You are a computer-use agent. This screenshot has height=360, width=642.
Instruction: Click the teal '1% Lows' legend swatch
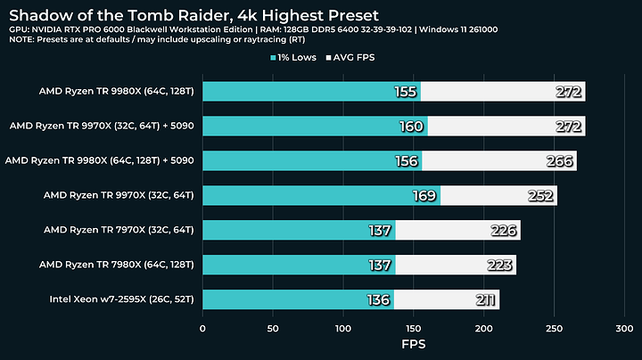[273, 59]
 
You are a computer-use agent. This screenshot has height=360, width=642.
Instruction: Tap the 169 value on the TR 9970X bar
[424, 196]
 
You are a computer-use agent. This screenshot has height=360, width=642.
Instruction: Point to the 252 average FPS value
[539, 196]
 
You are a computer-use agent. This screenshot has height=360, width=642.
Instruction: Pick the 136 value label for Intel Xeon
[377, 300]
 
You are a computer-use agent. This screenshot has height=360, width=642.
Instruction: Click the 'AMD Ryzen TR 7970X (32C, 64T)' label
[119, 230]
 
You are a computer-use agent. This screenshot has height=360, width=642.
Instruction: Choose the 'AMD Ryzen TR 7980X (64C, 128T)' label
[117, 265]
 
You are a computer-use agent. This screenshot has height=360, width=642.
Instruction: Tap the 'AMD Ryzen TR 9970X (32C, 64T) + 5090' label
[102, 126]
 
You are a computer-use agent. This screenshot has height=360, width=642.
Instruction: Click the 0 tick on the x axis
[203, 330]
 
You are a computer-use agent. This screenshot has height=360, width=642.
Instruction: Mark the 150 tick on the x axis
[414, 330]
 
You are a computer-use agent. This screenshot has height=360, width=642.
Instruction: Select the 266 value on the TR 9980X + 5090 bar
[559, 161]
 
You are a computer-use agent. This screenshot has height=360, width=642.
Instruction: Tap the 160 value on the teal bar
[411, 127]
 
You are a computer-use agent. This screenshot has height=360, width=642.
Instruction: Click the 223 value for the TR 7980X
[498, 266]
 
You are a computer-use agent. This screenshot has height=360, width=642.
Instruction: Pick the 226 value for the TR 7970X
[503, 231]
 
